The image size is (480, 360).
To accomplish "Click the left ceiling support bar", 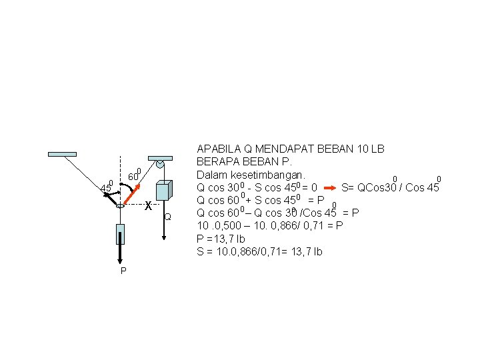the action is [x=62, y=154].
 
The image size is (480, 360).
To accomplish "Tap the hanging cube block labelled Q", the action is [x=163, y=191].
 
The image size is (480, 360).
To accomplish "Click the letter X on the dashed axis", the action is [x=148, y=206].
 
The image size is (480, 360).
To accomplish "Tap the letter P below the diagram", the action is [x=123, y=271].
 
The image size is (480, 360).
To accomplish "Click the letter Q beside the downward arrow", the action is [x=168, y=217].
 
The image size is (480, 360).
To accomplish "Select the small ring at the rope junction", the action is [x=120, y=206].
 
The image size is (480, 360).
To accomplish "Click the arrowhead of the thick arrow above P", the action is [x=120, y=261].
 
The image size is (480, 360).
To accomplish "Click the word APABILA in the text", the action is [x=217, y=149].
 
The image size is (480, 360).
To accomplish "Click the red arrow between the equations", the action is [x=331, y=187].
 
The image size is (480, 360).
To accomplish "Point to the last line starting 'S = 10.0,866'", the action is [x=259, y=251].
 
